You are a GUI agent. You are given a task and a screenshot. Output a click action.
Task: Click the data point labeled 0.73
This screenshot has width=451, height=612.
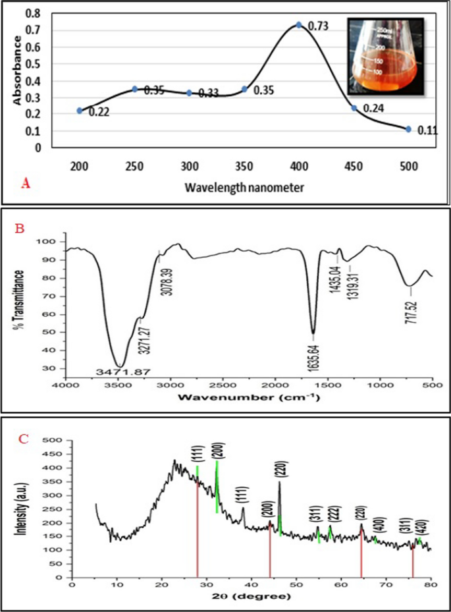click(x=299, y=25)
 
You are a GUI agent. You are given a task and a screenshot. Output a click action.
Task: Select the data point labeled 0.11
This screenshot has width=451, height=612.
click(x=408, y=129)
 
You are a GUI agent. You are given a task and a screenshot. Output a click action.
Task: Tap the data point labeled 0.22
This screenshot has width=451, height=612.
click(x=80, y=111)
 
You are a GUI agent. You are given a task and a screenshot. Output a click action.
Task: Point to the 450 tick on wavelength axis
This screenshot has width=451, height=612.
click(x=354, y=167)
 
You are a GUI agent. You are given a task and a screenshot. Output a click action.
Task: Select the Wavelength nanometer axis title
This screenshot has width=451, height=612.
click(x=244, y=188)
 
